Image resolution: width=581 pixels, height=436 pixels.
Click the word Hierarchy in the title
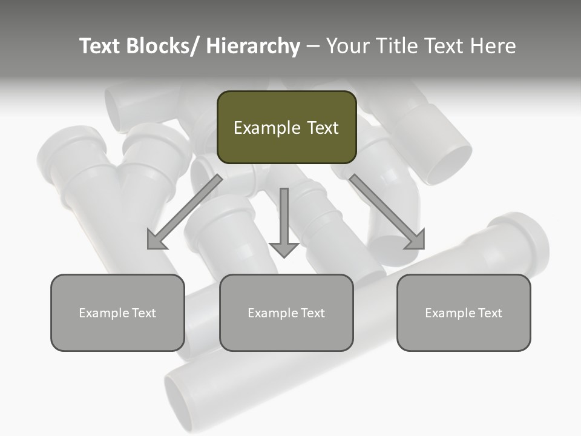(x=252, y=46)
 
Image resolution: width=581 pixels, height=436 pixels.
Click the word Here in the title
(x=493, y=46)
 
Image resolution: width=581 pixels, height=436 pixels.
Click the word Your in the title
(x=348, y=46)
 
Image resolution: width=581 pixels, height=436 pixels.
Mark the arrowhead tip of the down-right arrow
(x=423, y=248)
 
